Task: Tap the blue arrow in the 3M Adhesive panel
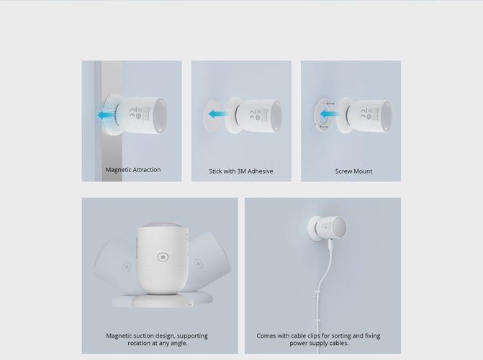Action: [x=214, y=114]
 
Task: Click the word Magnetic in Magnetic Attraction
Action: [x=119, y=170]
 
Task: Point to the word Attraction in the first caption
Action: [x=147, y=170]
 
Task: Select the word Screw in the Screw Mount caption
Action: [x=344, y=171]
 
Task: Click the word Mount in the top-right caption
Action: [x=363, y=171]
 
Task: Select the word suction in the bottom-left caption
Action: [x=147, y=336]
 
